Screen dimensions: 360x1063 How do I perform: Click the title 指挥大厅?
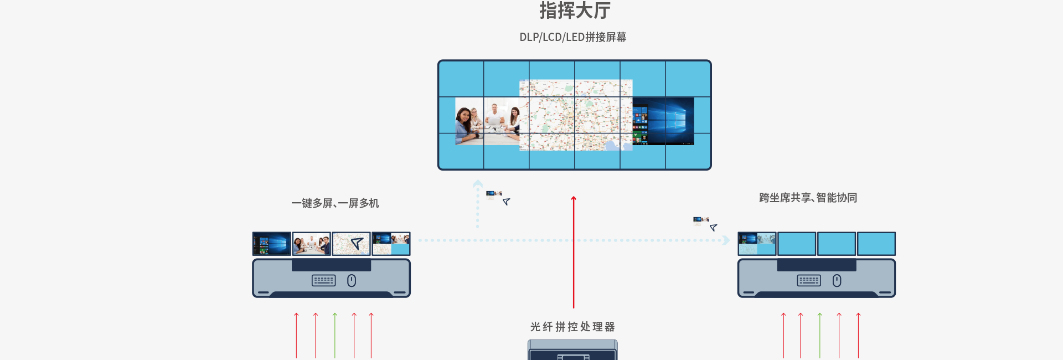point(575,11)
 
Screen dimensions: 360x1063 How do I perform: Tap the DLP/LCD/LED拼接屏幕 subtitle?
point(572,37)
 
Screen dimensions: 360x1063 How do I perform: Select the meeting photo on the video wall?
point(487,121)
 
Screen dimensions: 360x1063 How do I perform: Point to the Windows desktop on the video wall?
point(663,121)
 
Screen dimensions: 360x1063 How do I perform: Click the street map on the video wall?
point(576,115)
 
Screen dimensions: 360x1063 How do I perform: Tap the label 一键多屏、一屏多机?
point(335,203)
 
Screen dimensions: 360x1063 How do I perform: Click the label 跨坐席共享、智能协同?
point(808,198)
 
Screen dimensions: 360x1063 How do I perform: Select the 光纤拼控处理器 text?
point(572,327)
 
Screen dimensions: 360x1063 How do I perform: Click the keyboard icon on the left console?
point(324,281)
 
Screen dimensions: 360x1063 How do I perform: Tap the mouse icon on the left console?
point(352,281)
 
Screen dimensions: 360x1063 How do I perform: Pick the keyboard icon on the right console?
point(809,281)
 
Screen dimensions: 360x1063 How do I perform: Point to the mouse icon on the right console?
point(837,281)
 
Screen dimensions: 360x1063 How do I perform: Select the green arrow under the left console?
point(335,335)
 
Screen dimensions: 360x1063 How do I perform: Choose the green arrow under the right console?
point(820,335)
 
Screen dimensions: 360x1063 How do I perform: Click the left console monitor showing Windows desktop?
point(272,244)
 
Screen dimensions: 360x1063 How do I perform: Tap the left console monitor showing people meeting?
point(312,244)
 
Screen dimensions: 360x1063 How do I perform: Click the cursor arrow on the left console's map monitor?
point(357,243)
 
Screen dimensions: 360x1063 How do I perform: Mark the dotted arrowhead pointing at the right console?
point(726,240)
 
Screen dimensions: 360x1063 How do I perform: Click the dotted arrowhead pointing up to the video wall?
point(478,183)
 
